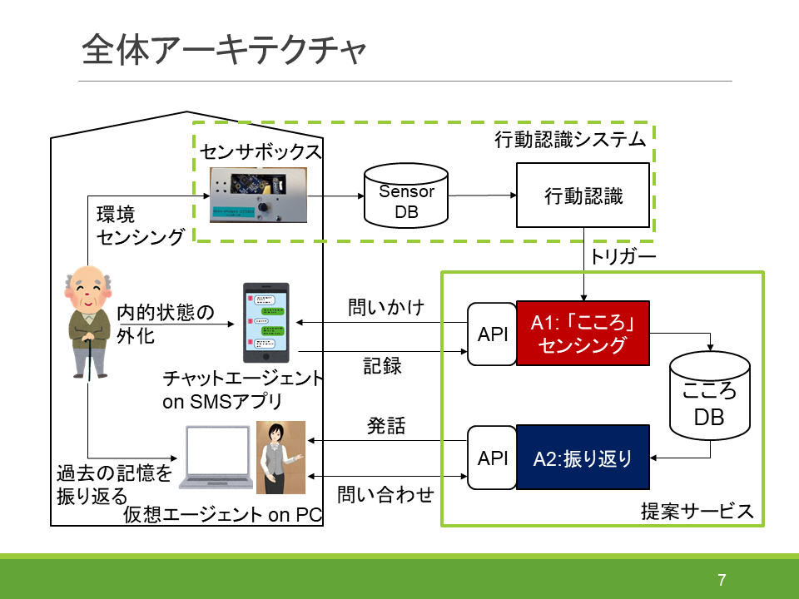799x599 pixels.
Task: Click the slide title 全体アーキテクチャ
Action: click(x=224, y=52)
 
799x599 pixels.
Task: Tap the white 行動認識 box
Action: click(x=583, y=196)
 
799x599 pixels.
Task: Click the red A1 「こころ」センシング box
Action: click(x=582, y=333)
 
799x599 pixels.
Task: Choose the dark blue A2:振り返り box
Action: click(x=582, y=457)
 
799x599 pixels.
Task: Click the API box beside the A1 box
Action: click(x=492, y=334)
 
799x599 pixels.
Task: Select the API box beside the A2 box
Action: click(x=492, y=458)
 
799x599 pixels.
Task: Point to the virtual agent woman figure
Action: click(x=280, y=457)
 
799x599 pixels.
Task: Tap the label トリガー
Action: click(x=623, y=256)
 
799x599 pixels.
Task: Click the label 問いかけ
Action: click(x=386, y=309)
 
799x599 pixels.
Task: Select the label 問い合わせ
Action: click(x=385, y=495)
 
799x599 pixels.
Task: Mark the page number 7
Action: click(x=722, y=580)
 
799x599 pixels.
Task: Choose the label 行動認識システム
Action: click(x=570, y=139)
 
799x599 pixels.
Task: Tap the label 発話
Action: click(x=386, y=427)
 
